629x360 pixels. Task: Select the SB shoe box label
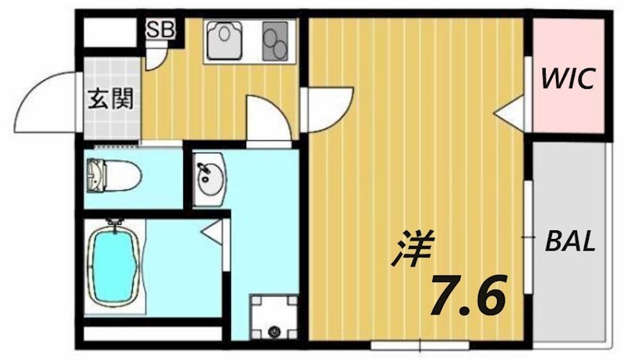(161, 31)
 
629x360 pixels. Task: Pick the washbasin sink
(210, 180)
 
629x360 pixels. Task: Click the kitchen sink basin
(228, 41)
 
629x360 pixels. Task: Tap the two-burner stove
(275, 41)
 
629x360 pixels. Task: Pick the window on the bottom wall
(420, 344)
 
